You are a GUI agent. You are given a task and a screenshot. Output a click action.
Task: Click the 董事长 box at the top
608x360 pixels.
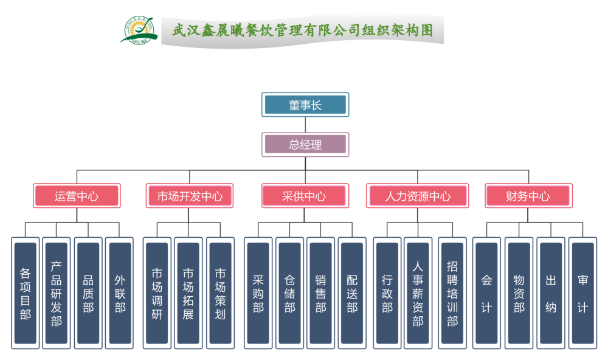click(305, 105)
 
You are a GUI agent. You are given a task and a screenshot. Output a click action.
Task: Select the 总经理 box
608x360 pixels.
click(305, 145)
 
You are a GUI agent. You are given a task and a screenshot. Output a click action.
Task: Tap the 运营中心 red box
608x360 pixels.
click(77, 196)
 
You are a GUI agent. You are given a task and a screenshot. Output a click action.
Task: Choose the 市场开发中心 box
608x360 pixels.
click(190, 196)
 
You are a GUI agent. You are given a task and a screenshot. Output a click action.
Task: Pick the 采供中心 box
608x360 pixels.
click(305, 196)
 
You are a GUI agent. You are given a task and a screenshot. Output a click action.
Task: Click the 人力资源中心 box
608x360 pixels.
click(418, 196)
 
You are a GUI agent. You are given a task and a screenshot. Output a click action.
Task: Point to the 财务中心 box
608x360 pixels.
click(528, 196)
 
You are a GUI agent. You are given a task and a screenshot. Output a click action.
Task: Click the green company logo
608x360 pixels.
click(138, 29)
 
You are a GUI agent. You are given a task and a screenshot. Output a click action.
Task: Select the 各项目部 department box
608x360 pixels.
click(26, 293)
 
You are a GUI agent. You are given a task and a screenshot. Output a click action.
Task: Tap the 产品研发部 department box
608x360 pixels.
click(57, 293)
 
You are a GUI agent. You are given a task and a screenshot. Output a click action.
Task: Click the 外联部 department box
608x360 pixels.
click(120, 293)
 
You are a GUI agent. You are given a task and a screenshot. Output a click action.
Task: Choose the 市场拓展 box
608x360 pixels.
click(188, 293)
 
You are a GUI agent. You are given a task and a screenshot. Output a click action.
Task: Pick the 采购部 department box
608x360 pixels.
click(258, 293)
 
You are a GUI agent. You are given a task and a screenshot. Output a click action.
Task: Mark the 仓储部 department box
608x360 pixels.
click(290, 293)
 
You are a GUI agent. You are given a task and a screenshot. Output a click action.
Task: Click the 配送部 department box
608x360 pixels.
click(353, 293)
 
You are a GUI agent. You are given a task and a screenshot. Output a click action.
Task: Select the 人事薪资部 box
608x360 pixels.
click(418, 293)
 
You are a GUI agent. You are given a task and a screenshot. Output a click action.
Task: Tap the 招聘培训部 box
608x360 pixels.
click(452, 293)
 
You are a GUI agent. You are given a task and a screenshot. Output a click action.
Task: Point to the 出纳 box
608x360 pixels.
click(551, 293)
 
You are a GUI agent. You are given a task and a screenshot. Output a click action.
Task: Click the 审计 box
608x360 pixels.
click(582, 293)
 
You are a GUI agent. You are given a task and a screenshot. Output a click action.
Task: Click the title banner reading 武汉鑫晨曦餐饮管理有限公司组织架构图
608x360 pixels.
click(302, 30)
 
